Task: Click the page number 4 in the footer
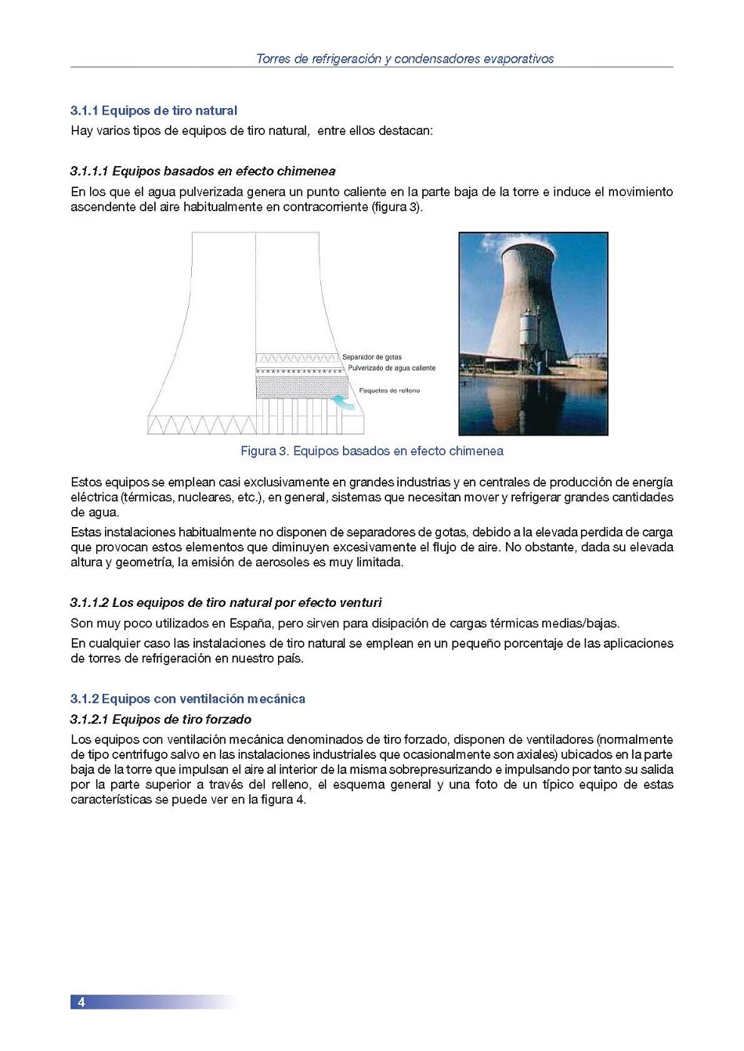pyautogui.click(x=81, y=1002)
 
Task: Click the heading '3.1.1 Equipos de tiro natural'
pyautogui.click(x=153, y=110)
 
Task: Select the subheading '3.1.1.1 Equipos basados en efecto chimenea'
pyautogui.click(x=202, y=171)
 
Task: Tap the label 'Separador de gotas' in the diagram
pyautogui.click(x=372, y=357)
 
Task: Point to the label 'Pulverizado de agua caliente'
pyautogui.click(x=392, y=368)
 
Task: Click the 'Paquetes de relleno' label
pyautogui.click(x=389, y=390)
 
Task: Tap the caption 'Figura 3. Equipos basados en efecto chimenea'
pyautogui.click(x=371, y=451)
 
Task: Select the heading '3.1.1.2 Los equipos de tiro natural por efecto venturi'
pyautogui.click(x=226, y=602)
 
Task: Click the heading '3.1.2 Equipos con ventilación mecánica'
pyautogui.click(x=187, y=699)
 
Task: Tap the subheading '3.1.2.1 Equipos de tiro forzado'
pyautogui.click(x=161, y=719)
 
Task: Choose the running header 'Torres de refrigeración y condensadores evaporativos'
pyautogui.click(x=405, y=59)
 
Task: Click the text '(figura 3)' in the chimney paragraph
pyautogui.click(x=397, y=207)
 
